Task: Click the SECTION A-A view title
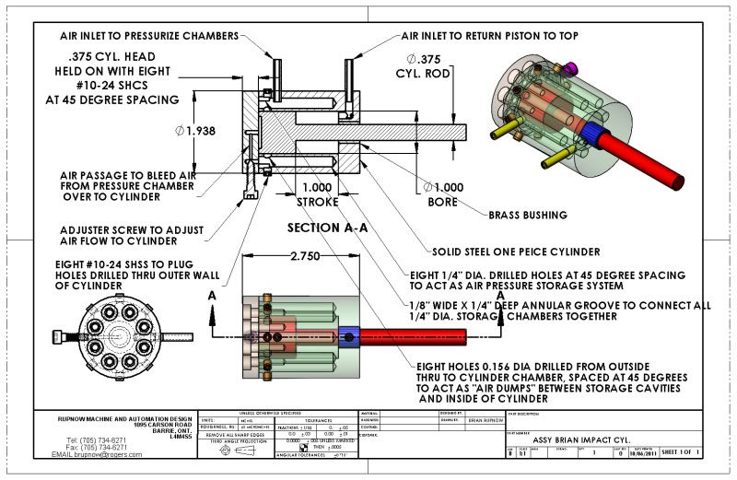pos(327,227)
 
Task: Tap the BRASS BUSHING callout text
pos(526,215)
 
